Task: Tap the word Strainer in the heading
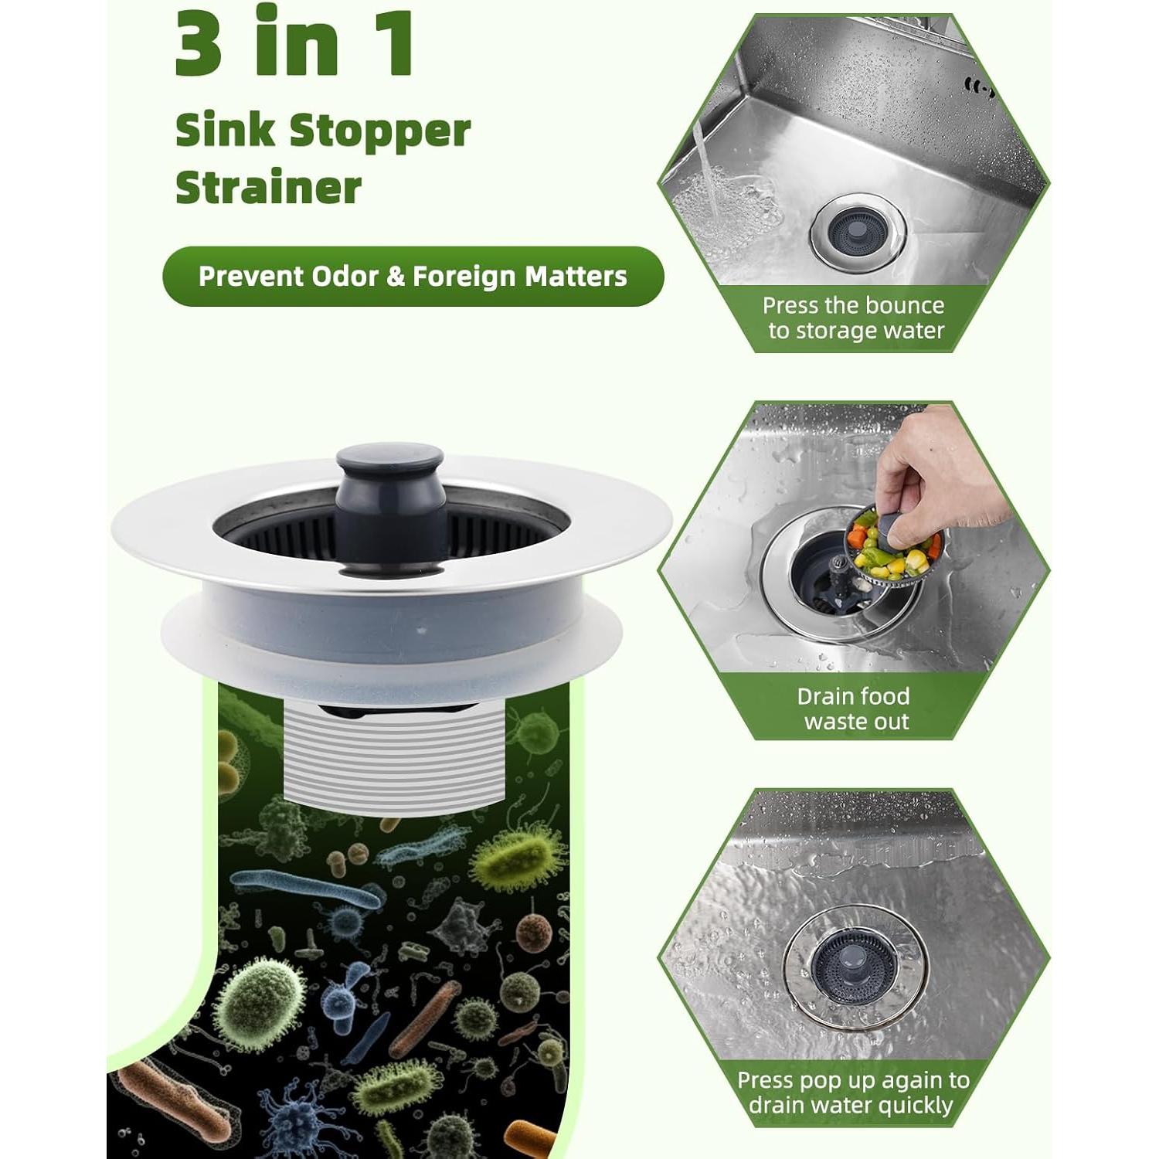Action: pyautogui.click(x=268, y=188)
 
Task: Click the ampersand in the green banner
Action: pyautogui.click(x=396, y=277)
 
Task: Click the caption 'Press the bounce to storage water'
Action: pyautogui.click(x=854, y=318)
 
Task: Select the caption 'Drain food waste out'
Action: pyautogui.click(x=854, y=709)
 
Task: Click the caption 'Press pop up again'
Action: pyautogui.click(x=854, y=1092)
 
